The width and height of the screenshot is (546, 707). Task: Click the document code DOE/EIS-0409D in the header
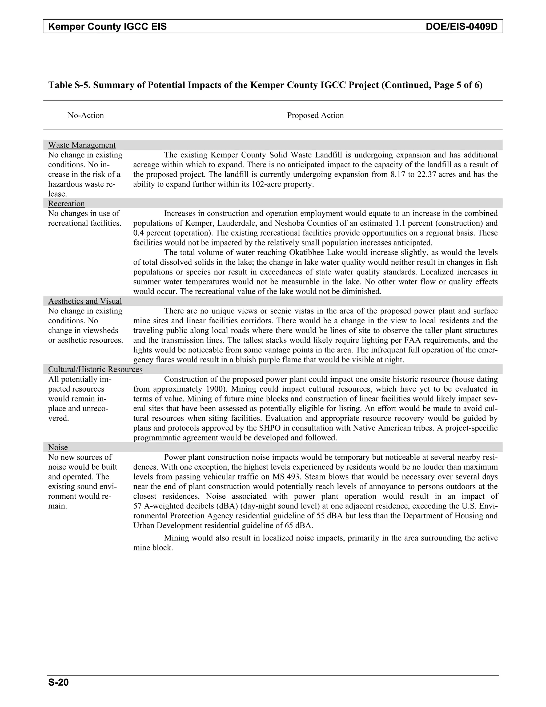point(461,26)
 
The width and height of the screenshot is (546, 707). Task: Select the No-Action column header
point(86,116)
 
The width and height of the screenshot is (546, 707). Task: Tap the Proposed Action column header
point(315,116)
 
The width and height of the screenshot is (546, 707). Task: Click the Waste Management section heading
point(82,145)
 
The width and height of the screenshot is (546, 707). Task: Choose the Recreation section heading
point(66,204)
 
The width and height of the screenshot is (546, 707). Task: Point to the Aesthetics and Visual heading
point(85,301)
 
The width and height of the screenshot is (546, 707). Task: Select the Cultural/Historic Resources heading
point(95,369)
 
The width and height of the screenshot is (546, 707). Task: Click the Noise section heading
point(58,447)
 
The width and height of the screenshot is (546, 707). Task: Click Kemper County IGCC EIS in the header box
point(107,26)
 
